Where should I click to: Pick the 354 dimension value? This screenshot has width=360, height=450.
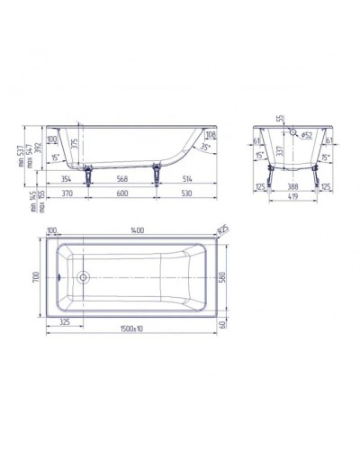coord(66,179)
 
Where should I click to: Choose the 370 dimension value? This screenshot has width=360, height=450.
coord(66,193)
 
